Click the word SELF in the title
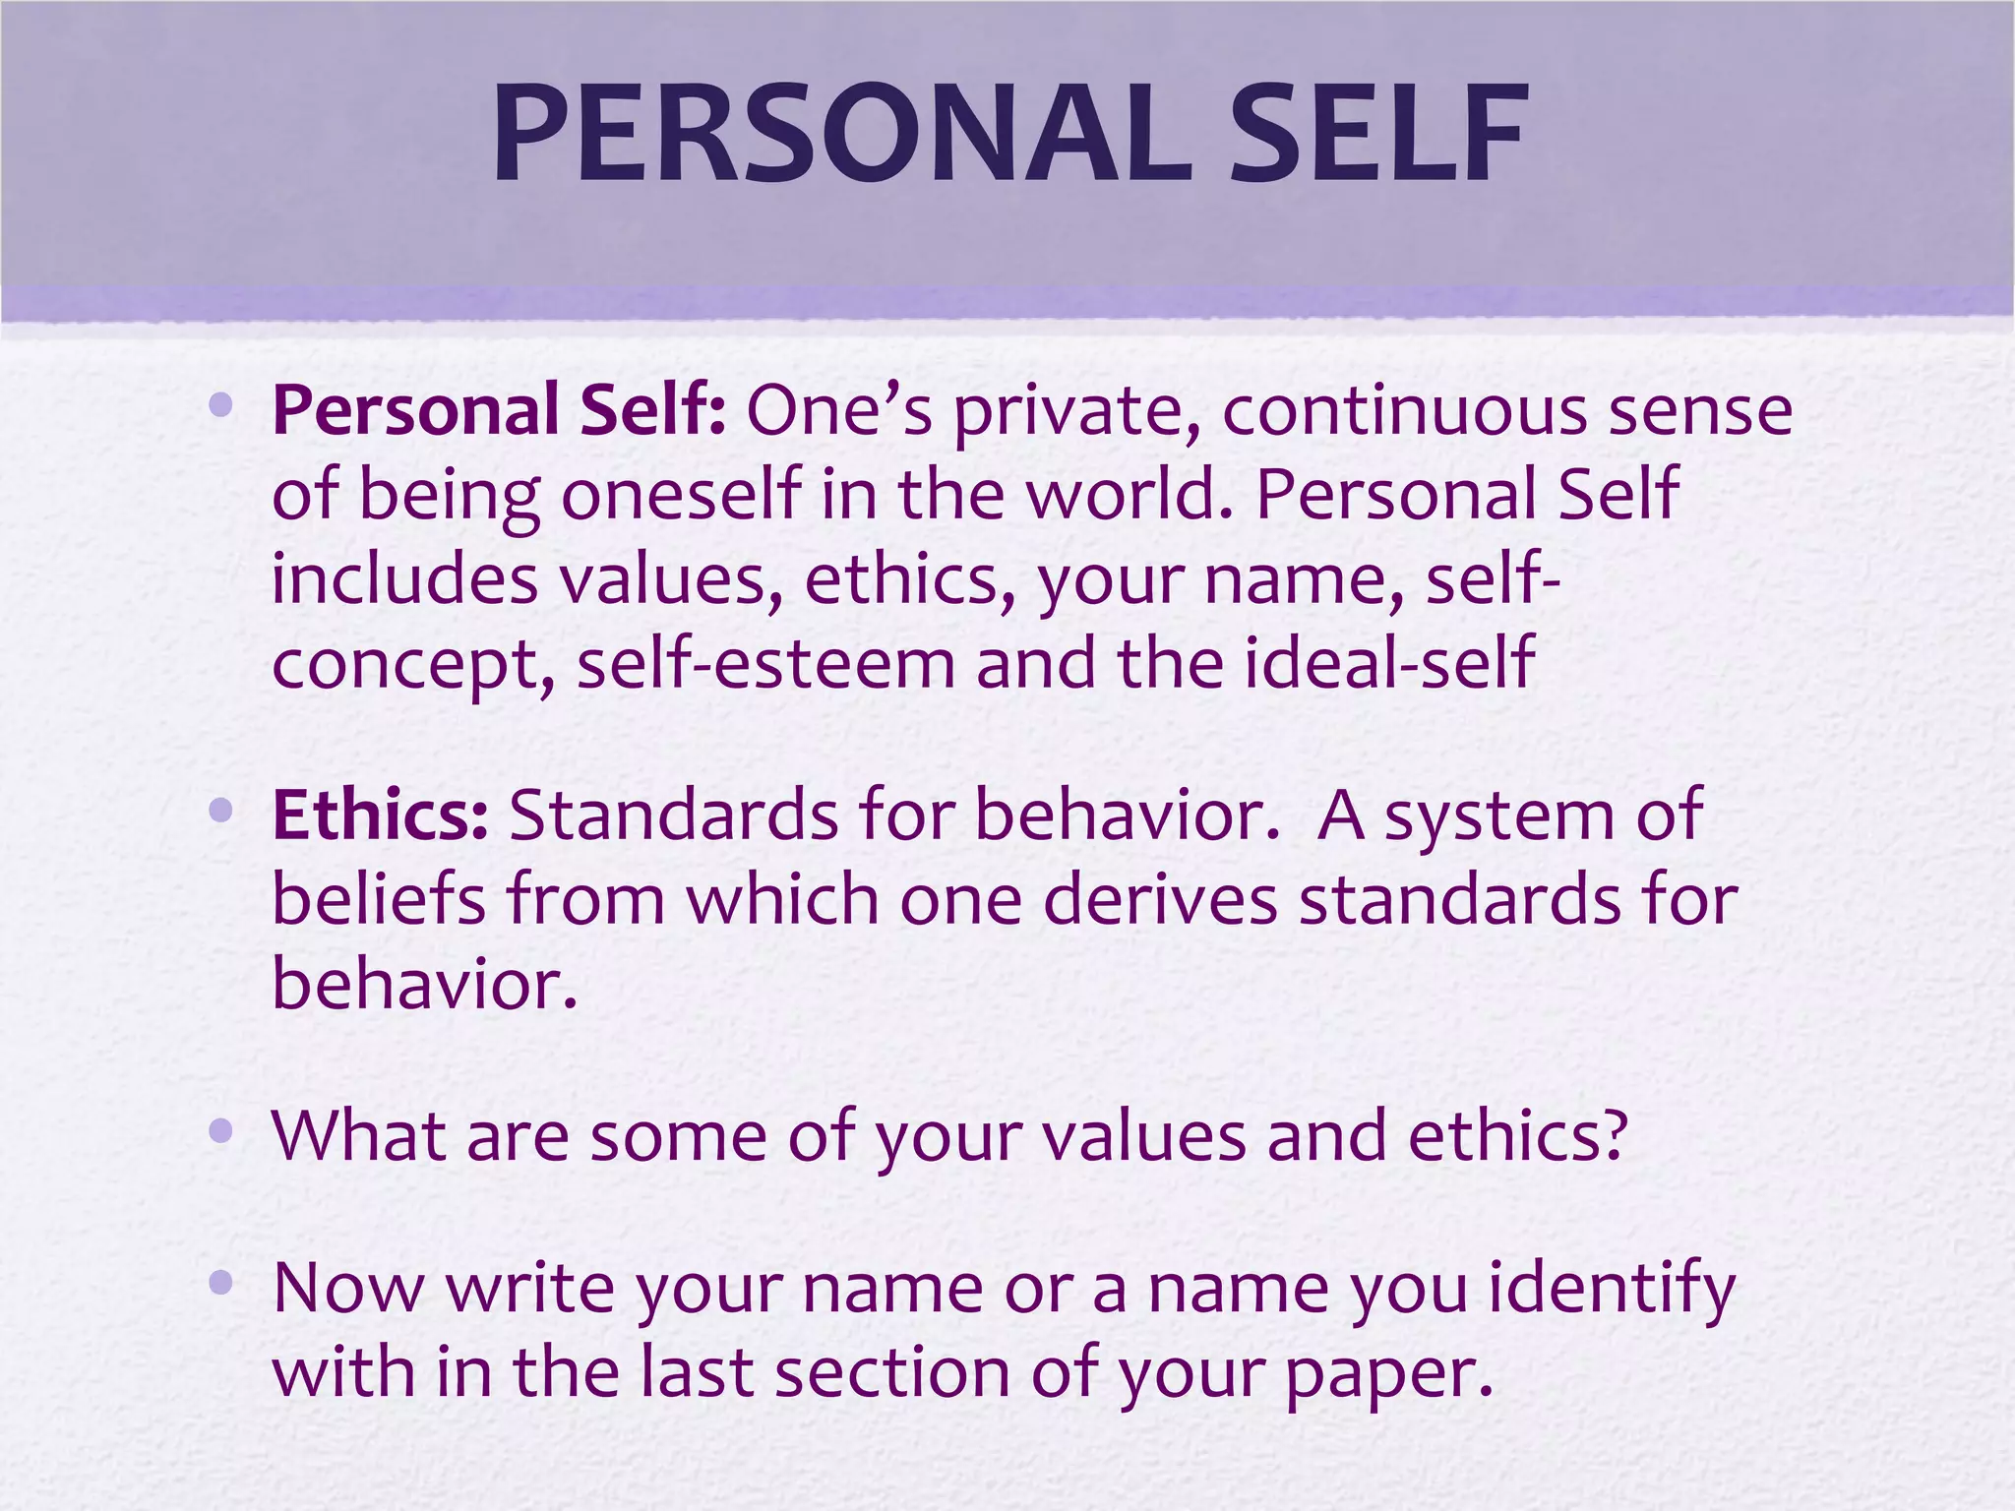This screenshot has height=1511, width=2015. (x=1377, y=135)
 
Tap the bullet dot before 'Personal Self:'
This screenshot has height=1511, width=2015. (x=220, y=404)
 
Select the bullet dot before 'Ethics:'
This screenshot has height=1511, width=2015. (x=220, y=812)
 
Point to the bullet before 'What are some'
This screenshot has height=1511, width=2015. (x=220, y=1131)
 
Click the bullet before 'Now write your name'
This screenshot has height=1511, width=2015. (x=220, y=1282)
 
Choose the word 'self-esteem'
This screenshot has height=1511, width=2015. (x=765, y=663)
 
